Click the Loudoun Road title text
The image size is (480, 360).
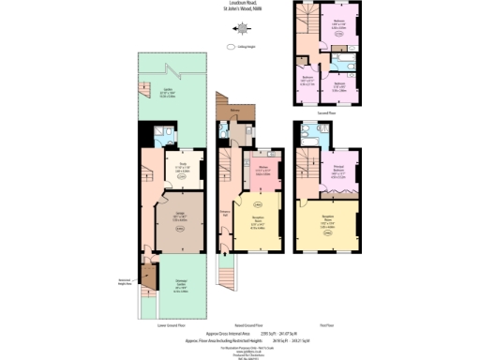(239, 4)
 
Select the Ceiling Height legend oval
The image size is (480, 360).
(230, 45)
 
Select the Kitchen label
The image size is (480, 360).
(263, 169)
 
